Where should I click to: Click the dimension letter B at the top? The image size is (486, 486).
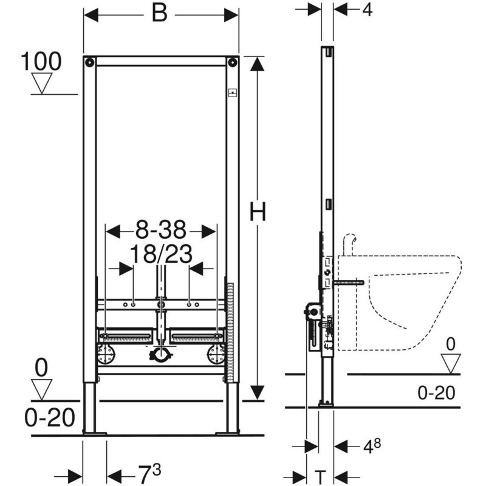(159, 14)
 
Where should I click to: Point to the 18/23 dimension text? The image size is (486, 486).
(161, 254)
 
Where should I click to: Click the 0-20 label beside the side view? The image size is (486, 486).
(436, 393)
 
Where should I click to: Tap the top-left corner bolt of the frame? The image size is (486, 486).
(90, 63)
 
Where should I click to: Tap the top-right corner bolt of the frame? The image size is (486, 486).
(231, 63)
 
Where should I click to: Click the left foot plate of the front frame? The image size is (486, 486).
(94, 432)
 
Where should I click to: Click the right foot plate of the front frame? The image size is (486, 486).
(228, 432)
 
